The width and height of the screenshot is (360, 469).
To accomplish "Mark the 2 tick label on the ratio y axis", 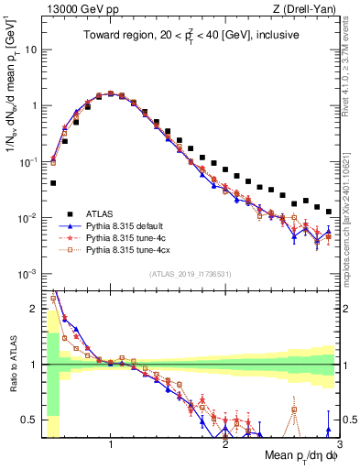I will click(37, 309).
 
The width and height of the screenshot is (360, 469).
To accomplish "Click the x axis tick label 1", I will click(111, 443).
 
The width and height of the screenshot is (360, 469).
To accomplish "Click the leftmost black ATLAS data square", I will click(53, 183).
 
